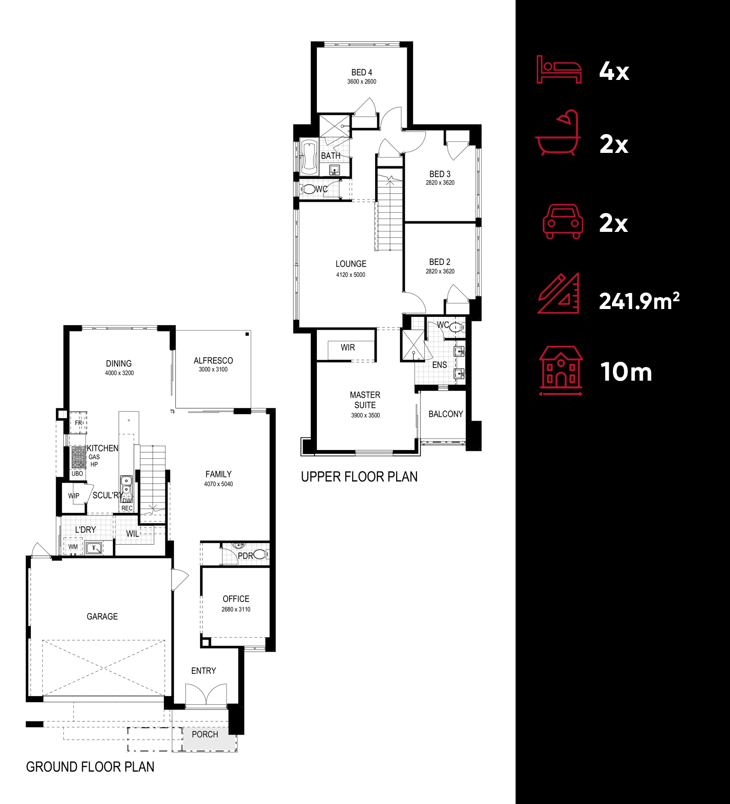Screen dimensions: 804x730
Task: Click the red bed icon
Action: point(559,70)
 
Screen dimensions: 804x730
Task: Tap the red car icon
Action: point(563,222)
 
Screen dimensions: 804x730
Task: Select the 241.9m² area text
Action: point(639,301)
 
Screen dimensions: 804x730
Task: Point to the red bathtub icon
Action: point(558,134)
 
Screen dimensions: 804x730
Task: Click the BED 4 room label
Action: point(361,73)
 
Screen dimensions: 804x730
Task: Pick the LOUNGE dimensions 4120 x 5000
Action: point(350,275)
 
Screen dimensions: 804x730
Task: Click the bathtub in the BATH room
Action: point(309,157)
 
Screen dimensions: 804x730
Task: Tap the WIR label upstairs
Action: point(348,348)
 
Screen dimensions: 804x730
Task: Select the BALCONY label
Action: point(445,414)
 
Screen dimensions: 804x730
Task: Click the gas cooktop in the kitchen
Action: point(78,457)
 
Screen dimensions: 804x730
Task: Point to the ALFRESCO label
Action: point(213,361)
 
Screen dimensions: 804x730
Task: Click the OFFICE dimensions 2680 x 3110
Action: point(236,609)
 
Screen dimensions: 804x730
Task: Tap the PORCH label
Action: point(205,734)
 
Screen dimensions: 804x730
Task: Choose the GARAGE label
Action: point(102,616)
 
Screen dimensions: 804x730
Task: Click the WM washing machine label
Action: point(73,546)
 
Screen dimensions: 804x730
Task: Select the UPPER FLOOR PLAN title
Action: point(359,477)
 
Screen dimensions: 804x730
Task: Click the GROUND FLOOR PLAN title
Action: point(90,767)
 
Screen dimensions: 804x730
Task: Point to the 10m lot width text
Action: point(626,372)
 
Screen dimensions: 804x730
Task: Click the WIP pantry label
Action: point(73,496)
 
